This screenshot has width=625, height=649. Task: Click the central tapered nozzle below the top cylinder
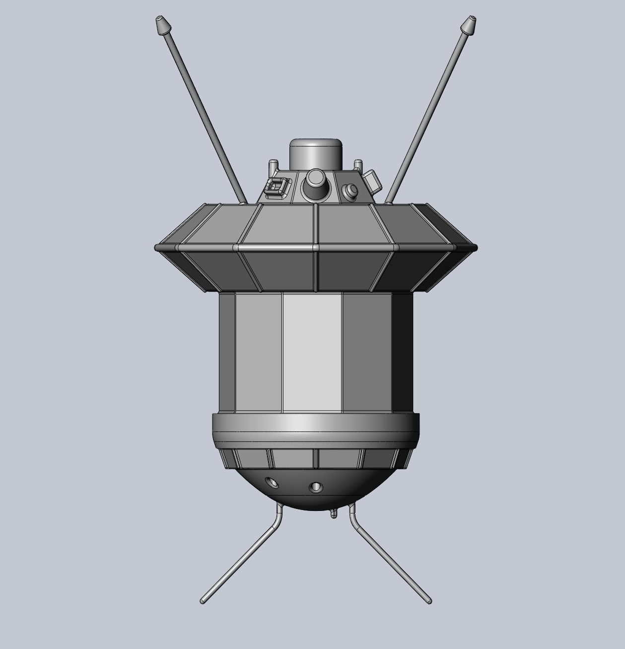point(316,185)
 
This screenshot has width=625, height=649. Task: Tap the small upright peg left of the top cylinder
point(273,166)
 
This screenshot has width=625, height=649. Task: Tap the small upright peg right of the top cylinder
point(357,165)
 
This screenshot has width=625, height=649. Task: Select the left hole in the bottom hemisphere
point(271,482)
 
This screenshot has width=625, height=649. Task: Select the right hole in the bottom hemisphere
point(315,487)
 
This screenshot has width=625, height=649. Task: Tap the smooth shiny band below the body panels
point(316,425)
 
